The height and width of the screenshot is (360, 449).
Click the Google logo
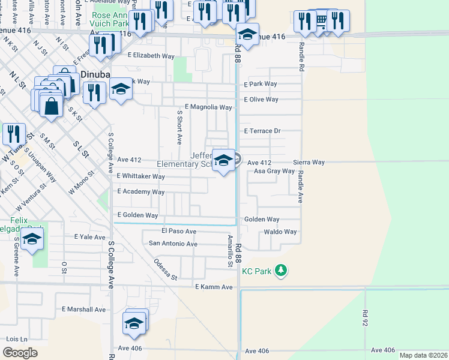coord(20,353)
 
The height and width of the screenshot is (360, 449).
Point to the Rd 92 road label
coord(364,318)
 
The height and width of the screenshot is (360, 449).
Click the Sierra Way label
coord(309,163)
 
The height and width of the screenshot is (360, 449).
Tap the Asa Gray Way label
coord(274,171)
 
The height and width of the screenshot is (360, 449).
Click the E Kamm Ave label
coord(214,287)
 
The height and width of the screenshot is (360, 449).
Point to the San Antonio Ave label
coord(173,244)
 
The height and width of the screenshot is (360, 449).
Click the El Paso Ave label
coord(179,231)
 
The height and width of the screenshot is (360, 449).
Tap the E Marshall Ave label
coord(83,310)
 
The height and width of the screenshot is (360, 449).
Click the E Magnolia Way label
coord(208,107)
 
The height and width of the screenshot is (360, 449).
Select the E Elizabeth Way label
coord(151,55)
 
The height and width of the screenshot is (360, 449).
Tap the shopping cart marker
coord(321,21)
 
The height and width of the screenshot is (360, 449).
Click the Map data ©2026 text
coord(423,354)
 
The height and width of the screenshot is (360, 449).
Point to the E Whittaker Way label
coord(140,176)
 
